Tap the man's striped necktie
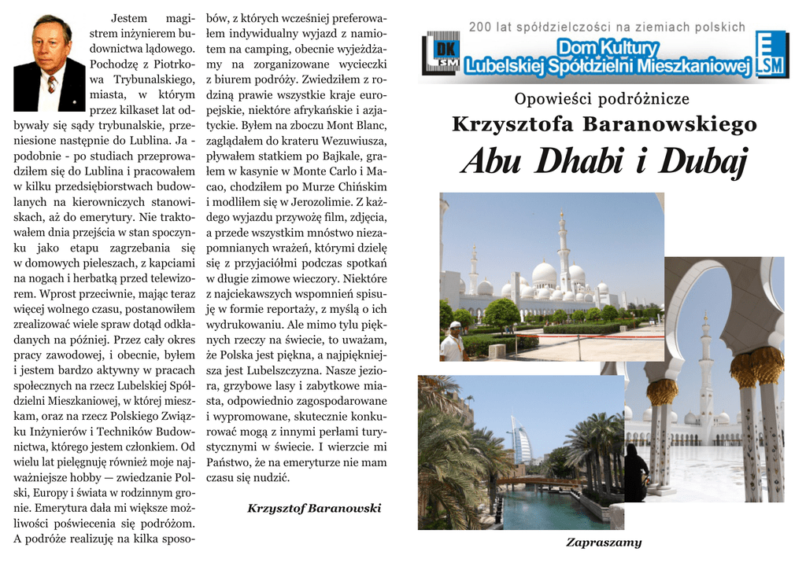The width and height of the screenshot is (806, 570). [x=51, y=84]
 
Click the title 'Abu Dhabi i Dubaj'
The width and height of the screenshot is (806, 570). [x=604, y=162]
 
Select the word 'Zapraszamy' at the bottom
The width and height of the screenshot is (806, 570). [x=604, y=542]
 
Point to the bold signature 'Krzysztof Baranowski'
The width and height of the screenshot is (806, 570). [x=314, y=509]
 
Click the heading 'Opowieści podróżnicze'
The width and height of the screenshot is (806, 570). [x=601, y=99]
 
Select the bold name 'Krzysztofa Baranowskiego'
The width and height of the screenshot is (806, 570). [x=604, y=124]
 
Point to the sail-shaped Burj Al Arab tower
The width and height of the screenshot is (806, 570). [x=521, y=440]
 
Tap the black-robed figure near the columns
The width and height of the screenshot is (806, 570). [x=634, y=473]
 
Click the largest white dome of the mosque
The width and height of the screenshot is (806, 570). [x=544, y=274]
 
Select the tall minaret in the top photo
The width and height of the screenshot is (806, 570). [x=563, y=252]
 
